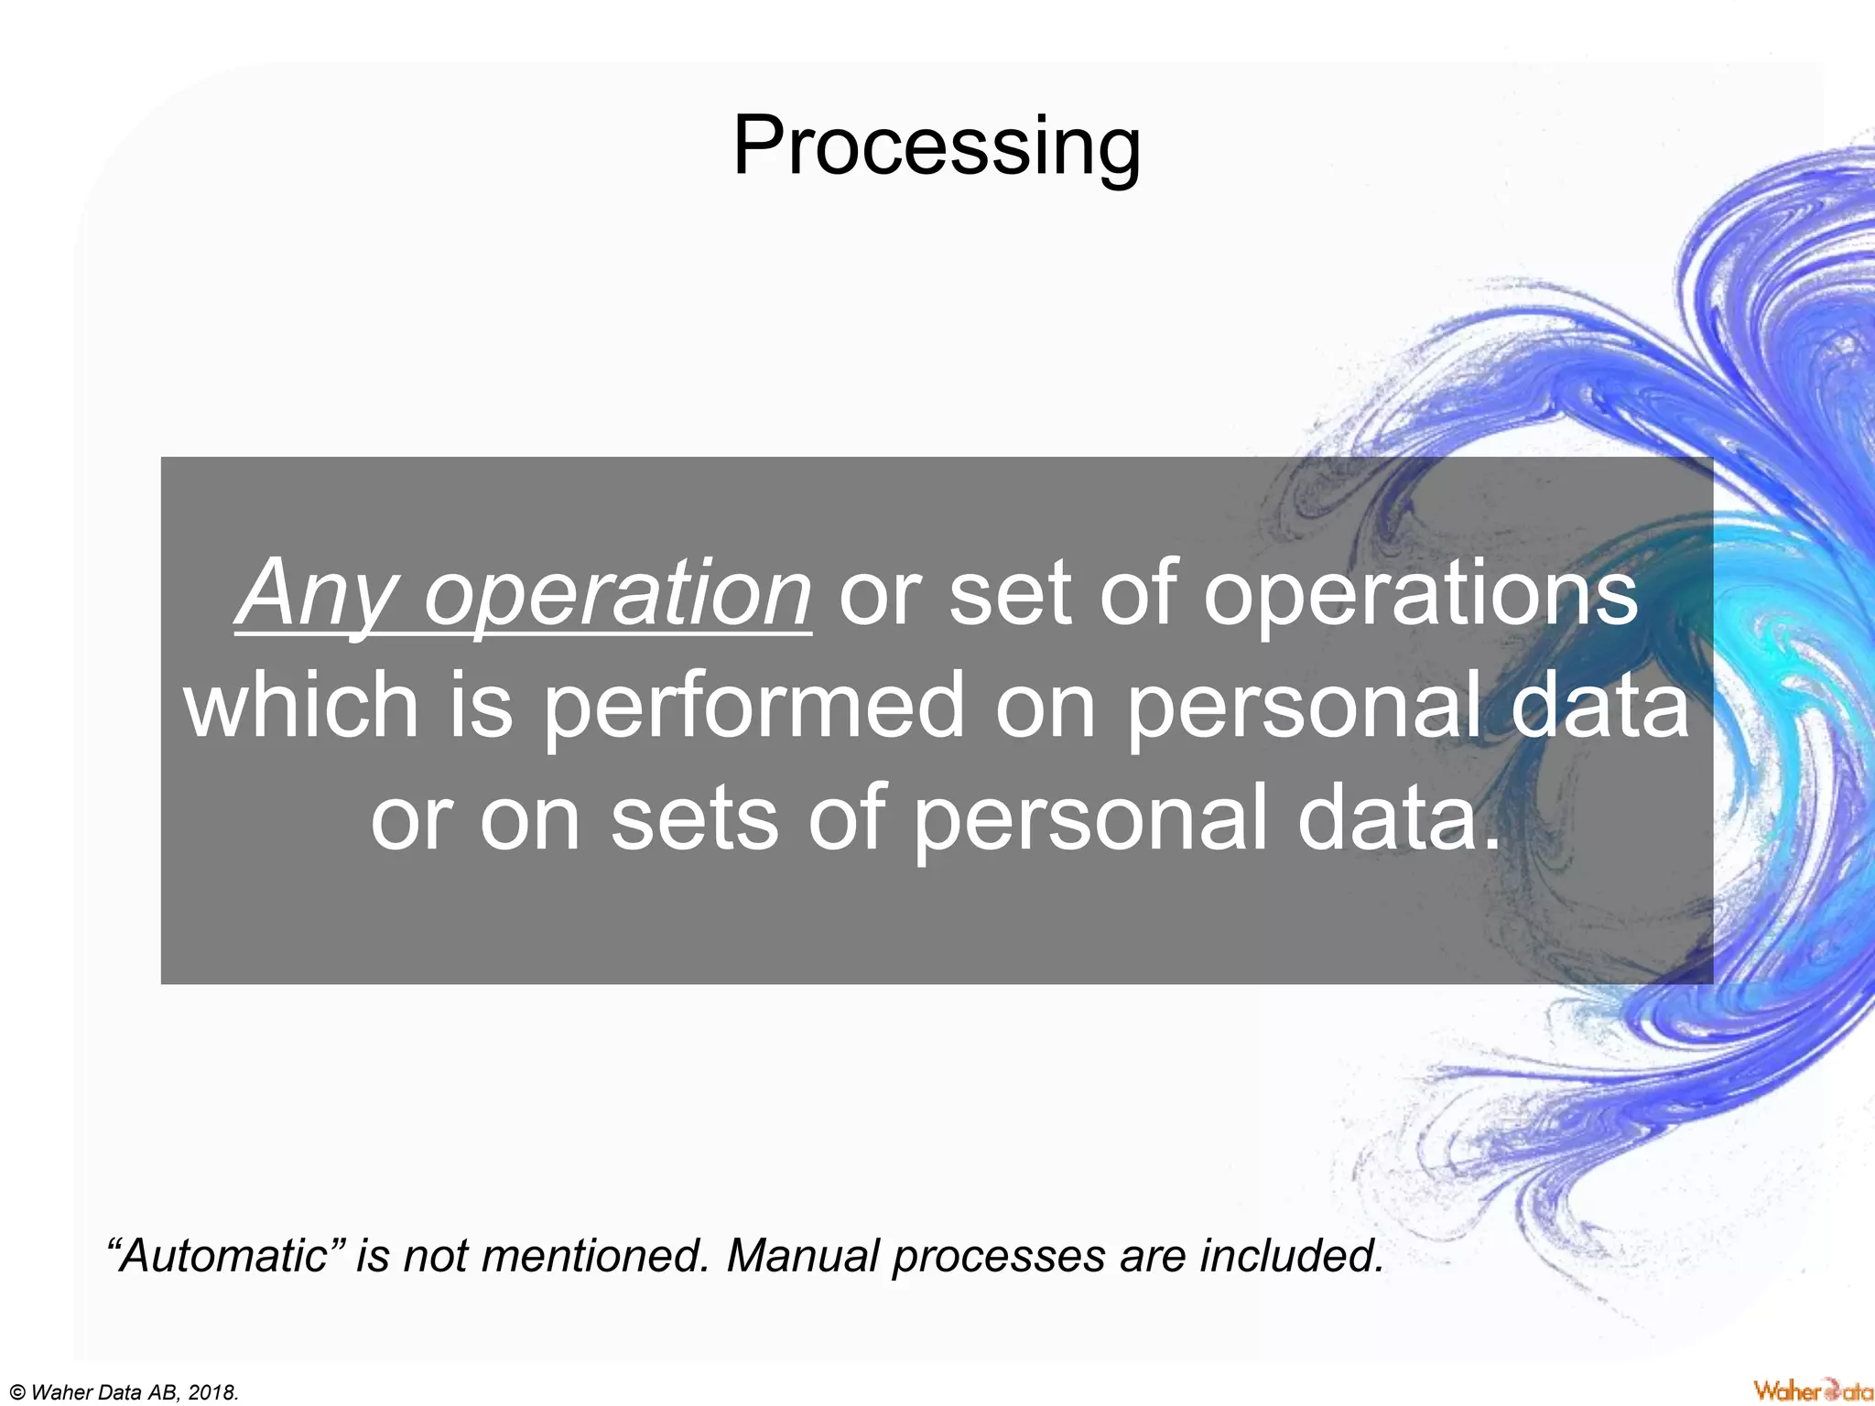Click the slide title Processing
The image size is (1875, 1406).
(x=937, y=146)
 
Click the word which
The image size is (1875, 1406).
(x=302, y=705)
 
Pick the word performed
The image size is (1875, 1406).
(x=753, y=705)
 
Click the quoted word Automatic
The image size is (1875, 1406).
(x=225, y=1255)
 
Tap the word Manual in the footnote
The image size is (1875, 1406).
(x=804, y=1255)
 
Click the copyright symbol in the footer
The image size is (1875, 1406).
(x=16, y=1393)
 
